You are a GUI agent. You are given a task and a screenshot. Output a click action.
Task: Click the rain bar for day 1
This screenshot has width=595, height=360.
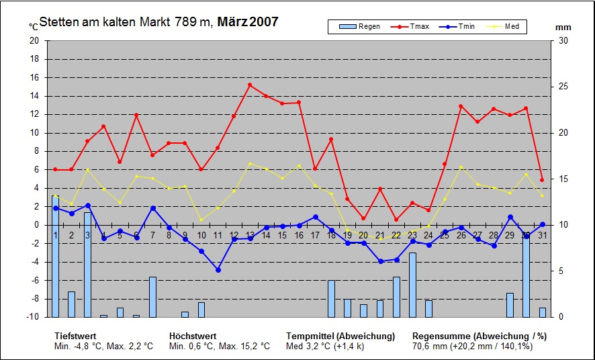55,256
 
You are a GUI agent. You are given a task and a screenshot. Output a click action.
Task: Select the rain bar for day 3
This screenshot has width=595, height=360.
87,265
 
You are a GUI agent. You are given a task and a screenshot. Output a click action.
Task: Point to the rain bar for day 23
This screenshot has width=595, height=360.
412,285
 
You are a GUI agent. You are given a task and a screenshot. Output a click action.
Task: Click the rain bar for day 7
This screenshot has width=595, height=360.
152,297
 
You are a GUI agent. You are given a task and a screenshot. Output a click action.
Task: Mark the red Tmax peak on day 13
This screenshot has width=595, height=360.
250,85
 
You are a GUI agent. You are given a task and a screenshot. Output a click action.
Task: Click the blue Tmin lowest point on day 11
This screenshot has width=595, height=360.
218,270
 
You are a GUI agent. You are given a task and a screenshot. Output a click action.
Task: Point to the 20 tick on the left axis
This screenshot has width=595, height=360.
34,40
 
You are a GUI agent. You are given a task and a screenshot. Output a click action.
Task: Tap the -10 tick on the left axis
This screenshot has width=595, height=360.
33,317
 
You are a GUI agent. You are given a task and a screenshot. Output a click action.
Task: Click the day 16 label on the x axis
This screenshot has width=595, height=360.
299,235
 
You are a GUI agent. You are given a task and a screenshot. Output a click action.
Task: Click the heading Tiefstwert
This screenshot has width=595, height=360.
75,336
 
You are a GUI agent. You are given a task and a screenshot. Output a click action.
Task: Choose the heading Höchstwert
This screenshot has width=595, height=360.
193,336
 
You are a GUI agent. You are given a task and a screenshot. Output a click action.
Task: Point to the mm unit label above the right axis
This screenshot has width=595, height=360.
563,28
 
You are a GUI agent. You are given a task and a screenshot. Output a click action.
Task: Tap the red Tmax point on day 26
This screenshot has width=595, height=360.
461,106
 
